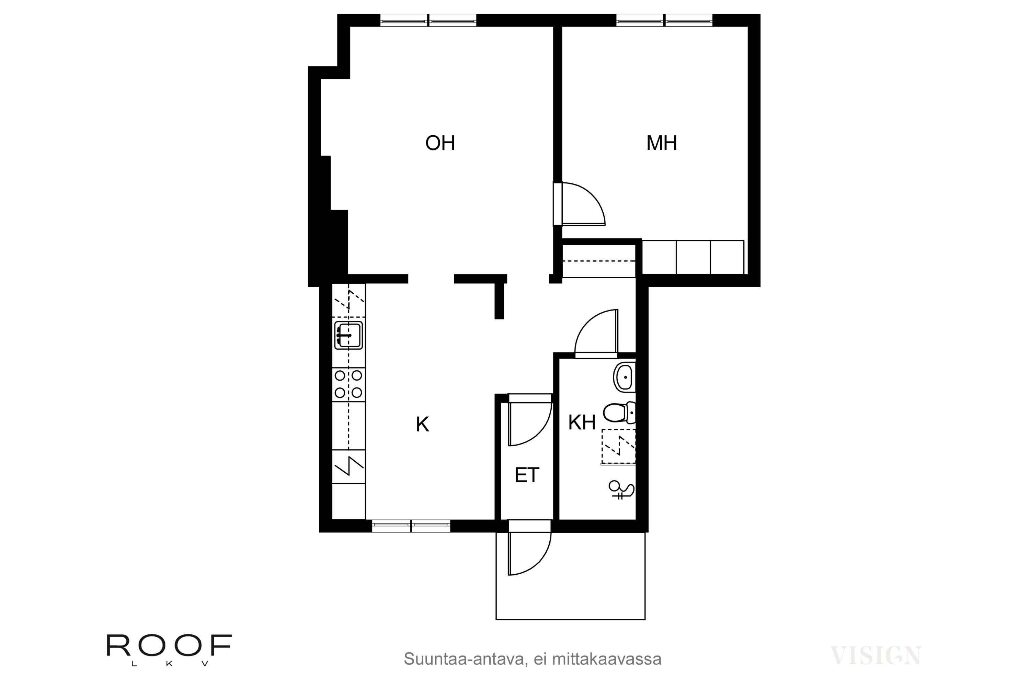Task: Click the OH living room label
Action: coord(440,143)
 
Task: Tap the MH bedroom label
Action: coord(662,143)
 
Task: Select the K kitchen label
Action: coord(422,425)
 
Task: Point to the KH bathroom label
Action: coord(582,423)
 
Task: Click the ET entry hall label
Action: coord(527,475)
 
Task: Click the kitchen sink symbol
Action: coord(348,335)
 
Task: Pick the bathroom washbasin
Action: coord(625,377)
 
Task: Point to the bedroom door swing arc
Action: coord(587,202)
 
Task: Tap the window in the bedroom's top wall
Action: coord(664,21)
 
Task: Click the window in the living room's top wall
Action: coord(428,21)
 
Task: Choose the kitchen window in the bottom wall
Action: coord(411,526)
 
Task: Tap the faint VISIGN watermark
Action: coord(875,656)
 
